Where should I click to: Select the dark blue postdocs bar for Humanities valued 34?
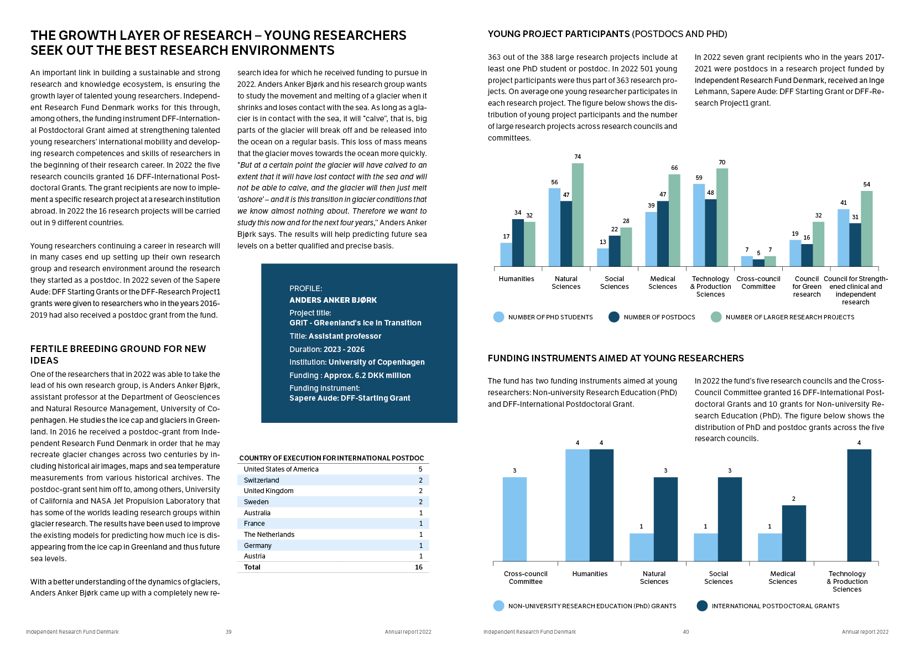coord(518,243)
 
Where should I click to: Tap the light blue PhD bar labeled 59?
coord(699,225)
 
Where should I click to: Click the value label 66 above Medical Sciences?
coord(674,168)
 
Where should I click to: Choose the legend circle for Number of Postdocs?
coord(614,317)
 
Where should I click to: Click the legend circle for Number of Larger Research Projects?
coord(716,317)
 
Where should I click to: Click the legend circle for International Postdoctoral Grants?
coord(702,606)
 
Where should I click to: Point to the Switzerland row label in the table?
coord(262,480)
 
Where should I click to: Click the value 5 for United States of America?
coord(420,469)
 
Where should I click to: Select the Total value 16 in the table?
coord(419,567)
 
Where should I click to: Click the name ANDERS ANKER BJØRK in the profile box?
coord(333,300)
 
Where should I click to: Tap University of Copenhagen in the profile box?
coord(376,363)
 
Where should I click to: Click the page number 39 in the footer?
coord(228,632)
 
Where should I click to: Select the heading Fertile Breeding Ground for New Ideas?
coord(118,354)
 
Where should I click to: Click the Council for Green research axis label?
coord(807,287)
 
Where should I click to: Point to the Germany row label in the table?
coord(258,546)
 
